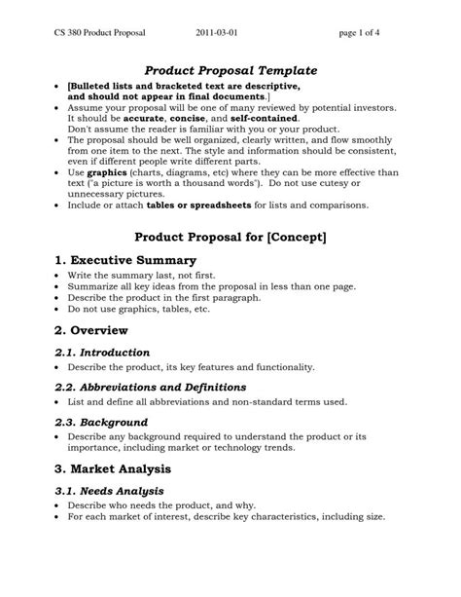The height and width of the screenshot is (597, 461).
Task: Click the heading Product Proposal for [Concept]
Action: coord(230,237)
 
